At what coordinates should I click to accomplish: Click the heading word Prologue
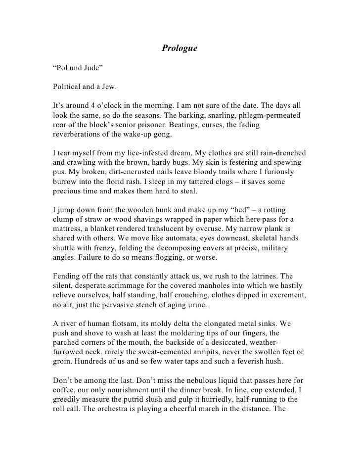coord(180,48)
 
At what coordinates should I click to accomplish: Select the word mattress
coord(70,229)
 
